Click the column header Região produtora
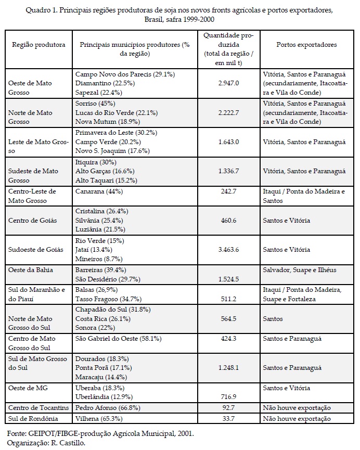tap(38, 45)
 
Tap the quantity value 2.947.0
tap(229, 83)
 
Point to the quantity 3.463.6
tap(229, 250)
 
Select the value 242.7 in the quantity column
tap(229, 191)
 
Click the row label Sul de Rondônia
tap(32, 418)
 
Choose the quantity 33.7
tap(229, 418)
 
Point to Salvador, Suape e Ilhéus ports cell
tap(299, 270)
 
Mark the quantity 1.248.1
tap(229, 368)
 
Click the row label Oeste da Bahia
tap(30, 270)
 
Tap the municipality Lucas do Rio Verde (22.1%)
tap(116, 112)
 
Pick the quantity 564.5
tap(229, 319)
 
